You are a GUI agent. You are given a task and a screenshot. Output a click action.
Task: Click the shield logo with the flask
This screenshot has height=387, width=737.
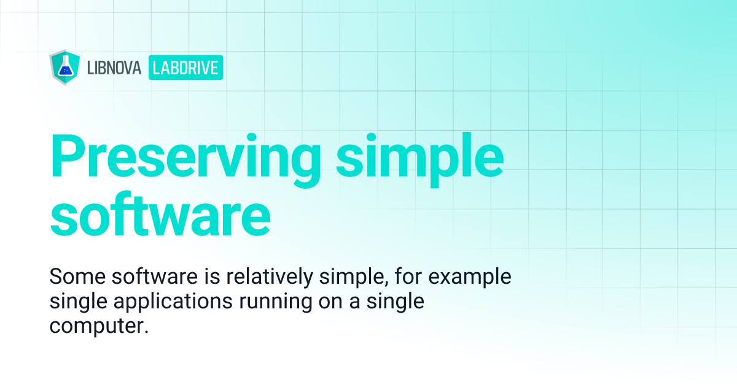click(x=63, y=68)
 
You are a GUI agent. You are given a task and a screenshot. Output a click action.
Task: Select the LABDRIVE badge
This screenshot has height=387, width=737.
click(x=185, y=68)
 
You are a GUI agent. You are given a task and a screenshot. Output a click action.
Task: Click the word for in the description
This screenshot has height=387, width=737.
click(x=405, y=277)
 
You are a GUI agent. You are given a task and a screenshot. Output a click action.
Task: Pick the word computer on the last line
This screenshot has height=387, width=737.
click(x=99, y=327)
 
